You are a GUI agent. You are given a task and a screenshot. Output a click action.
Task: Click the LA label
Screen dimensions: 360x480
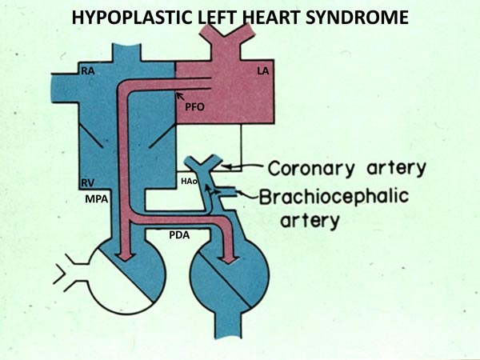tap(262, 72)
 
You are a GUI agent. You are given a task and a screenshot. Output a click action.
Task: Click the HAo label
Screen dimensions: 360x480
tap(189, 182)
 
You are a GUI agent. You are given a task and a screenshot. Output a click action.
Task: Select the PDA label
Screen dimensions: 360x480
tap(180, 236)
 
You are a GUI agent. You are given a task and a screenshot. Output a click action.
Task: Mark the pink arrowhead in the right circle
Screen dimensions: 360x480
tap(232, 258)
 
